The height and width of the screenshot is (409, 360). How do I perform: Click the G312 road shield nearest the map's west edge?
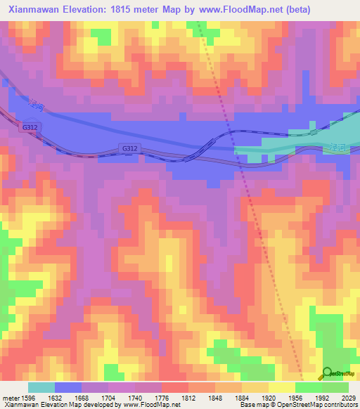(29, 126)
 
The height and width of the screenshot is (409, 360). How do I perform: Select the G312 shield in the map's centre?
(129, 148)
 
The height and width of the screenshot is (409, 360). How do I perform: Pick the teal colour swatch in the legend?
(41, 387)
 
